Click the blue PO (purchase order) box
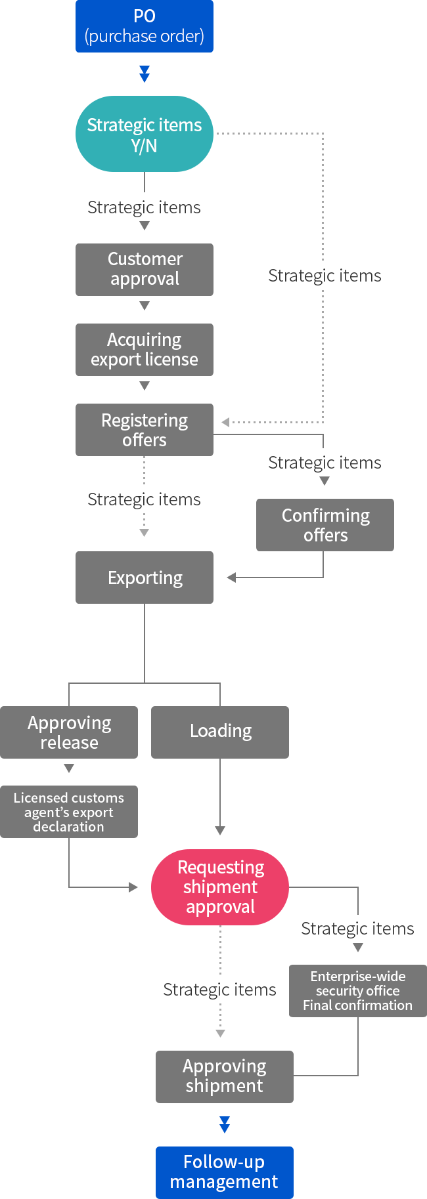145,26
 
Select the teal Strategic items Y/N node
145,134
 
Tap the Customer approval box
145,270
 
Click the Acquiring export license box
145,350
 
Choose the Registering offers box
145,430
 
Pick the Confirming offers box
325,525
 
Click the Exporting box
145,578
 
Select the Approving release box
69,732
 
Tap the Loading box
220,732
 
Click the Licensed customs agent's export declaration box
69,812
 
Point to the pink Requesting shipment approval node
220,887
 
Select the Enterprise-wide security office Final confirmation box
358,991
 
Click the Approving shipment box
225,1077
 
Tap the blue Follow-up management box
225,1173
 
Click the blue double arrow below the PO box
145,74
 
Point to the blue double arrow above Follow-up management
225,1125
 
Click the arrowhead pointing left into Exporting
231,578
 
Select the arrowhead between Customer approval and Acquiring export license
145,306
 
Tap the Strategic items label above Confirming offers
325,463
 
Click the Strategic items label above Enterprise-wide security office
357,929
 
